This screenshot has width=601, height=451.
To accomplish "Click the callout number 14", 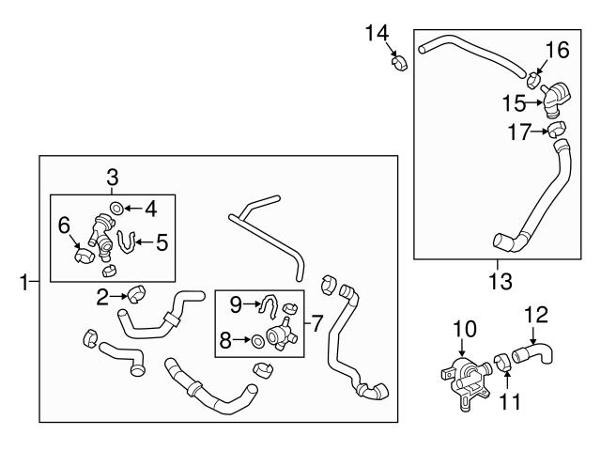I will tap(377, 34).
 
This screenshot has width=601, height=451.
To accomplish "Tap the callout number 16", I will tap(557, 49).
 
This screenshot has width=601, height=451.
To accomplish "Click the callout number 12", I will tap(534, 313).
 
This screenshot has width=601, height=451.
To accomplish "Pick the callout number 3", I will tap(112, 176).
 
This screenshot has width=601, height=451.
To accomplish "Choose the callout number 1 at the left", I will tap(24, 280).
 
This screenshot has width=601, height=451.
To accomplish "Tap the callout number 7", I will tap(317, 323).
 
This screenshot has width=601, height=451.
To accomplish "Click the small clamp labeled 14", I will tap(398, 64).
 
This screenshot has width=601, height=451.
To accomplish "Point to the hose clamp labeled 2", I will tap(135, 296).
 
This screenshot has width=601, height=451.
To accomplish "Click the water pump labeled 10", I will tap(463, 376).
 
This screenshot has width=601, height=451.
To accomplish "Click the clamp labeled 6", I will tap(82, 255).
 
